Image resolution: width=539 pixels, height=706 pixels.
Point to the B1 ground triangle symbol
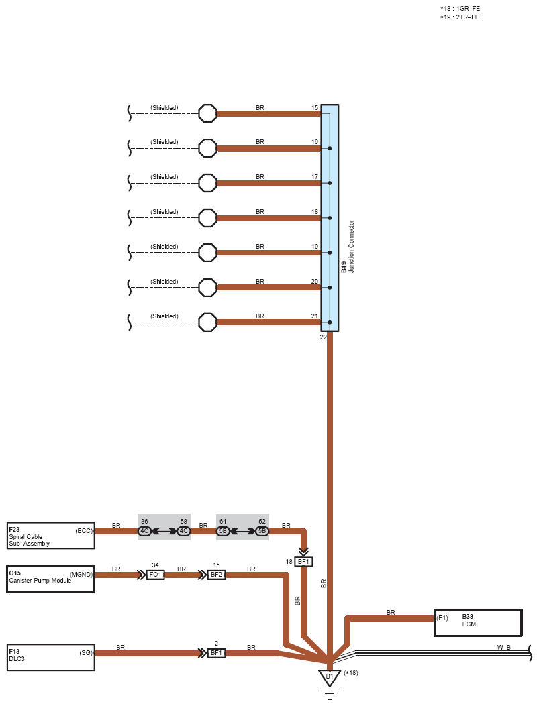(330, 678)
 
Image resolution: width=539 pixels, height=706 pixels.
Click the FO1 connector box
(156, 575)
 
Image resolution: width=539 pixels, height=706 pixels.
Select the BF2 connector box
(216, 575)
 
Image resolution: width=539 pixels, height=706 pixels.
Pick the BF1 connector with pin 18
(303, 561)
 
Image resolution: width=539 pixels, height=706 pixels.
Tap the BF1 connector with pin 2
(216, 653)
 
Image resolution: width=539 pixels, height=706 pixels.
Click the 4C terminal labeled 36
(144, 531)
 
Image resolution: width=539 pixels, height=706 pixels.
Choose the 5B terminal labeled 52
(262, 531)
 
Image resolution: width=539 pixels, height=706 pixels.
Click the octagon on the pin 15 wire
(208, 113)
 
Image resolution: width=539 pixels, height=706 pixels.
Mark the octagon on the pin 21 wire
(208, 322)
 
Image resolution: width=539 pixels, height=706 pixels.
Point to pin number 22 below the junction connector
(323, 337)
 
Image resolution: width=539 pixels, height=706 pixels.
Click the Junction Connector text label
(352, 246)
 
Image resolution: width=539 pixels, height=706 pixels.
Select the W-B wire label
(504, 648)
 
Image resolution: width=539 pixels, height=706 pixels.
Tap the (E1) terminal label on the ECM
(442, 618)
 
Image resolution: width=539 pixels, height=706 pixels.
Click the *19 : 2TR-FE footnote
(460, 17)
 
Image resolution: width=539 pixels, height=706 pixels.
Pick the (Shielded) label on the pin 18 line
(164, 212)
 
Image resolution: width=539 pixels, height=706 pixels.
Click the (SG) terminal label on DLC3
(86, 653)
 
